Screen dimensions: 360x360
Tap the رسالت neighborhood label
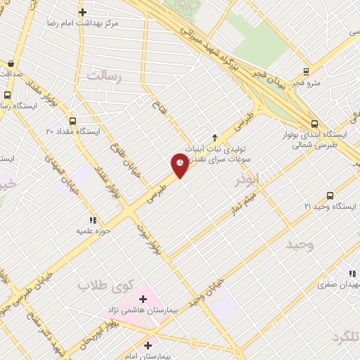[x=104, y=77]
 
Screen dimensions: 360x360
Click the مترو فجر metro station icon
[x=305, y=72]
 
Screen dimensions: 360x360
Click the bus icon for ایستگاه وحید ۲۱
[x=330, y=196]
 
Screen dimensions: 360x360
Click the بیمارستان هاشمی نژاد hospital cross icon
[x=143, y=299]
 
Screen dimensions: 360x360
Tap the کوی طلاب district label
[x=101, y=284]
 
